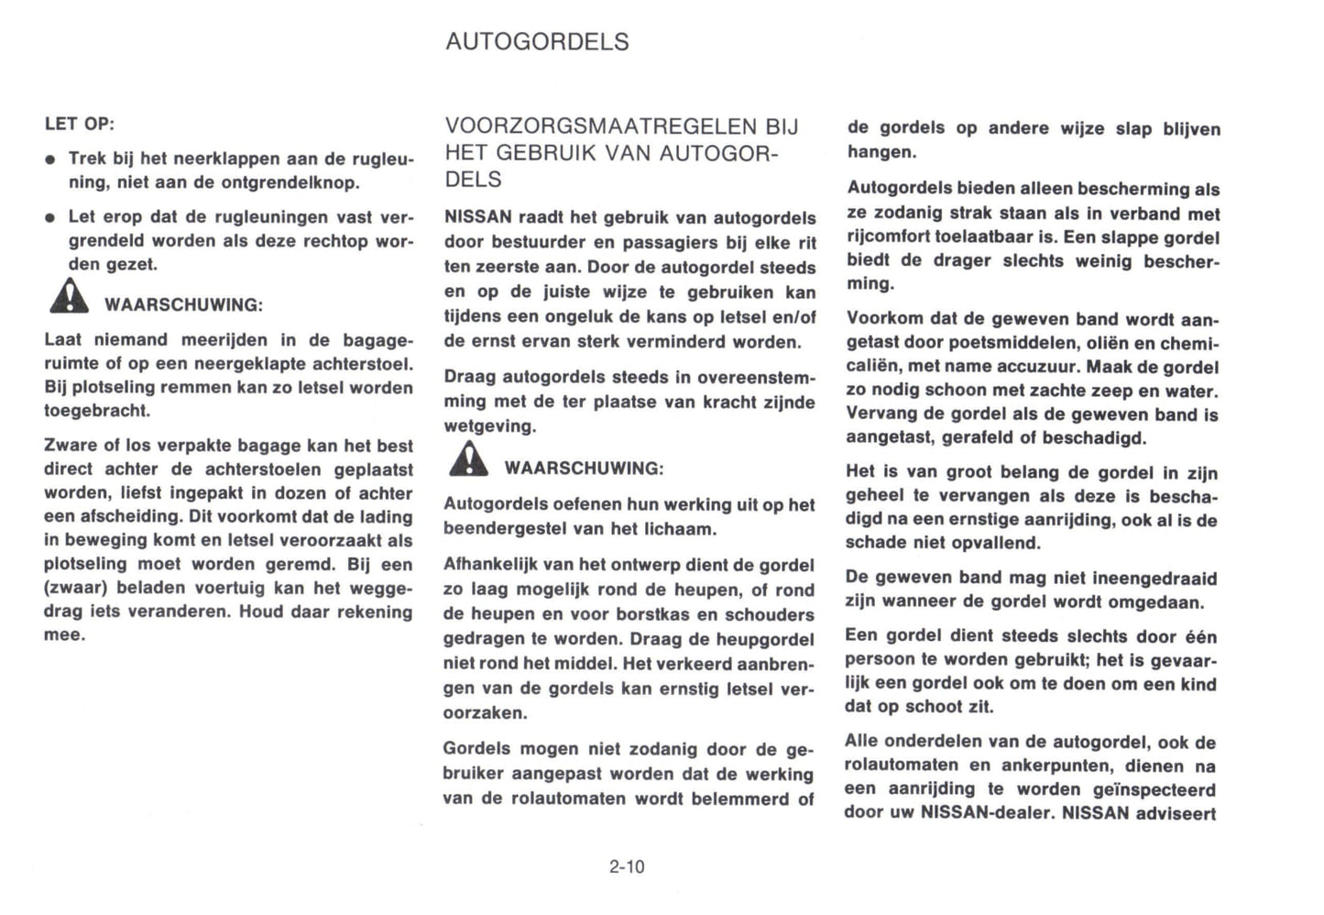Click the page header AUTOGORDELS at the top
pyautogui.click(x=537, y=42)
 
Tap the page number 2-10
pyautogui.click(x=627, y=866)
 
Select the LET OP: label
pyautogui.click(x=80, y=124)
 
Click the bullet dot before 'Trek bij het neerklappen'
pyautogui.click(x=51, y=160)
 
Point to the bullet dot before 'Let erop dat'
pyautogui.click(x=51, y=219)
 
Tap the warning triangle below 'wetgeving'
pyautogui.click(x=469, y=459)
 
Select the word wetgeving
pyautogui.click(x=488, y=426)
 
